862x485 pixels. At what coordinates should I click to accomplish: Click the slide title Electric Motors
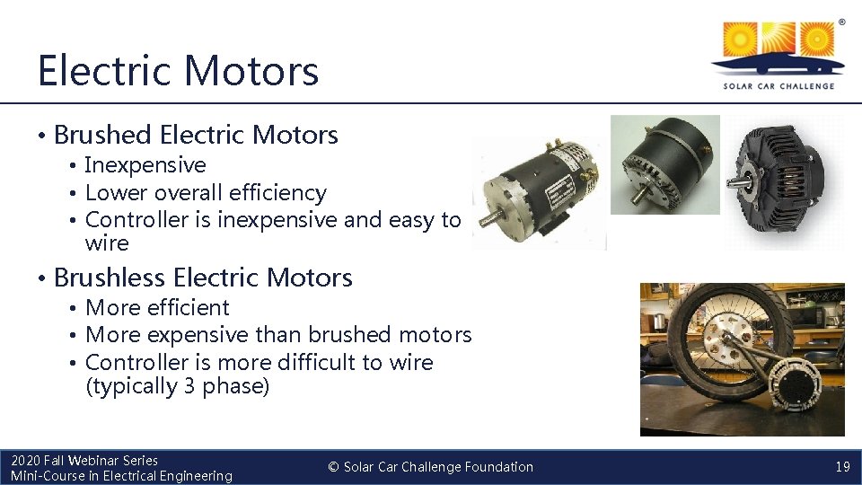point(178,70)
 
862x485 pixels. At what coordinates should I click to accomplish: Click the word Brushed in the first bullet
point(102,135)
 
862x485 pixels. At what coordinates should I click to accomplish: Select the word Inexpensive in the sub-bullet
point(145,165)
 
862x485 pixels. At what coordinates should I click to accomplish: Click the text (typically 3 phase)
point(177,387)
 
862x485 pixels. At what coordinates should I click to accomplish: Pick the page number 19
point(842,467)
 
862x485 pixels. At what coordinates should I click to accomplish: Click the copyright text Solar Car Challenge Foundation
point(438,467)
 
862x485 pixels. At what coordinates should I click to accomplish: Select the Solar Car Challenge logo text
point(778,86)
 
